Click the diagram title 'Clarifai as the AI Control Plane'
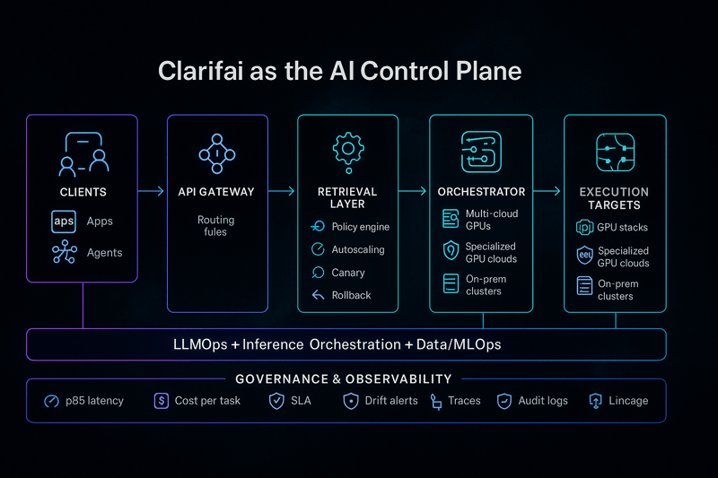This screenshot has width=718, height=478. (x=339, y=71)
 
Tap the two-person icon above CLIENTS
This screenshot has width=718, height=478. (x=83, y=154)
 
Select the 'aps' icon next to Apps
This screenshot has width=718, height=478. (x=65, y=221)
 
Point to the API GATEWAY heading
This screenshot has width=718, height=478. (x=216, y=192)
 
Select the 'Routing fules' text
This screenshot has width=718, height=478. (x=216, y=225)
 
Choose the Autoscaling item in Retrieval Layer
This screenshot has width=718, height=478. (x=357, y=249)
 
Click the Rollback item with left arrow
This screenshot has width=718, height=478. (x=351, y=295)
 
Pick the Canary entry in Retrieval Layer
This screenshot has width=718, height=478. (x=348, y=273)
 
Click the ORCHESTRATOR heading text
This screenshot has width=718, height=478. (x=481, y=192)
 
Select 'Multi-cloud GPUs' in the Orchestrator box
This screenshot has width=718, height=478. (x=491, y=220)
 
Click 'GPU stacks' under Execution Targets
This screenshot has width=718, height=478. (x=623, y=228)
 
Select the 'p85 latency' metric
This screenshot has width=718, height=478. (x=92, y=401)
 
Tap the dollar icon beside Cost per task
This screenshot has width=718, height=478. (x=162, y=401)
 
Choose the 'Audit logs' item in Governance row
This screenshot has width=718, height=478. (x=542, y=401)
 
